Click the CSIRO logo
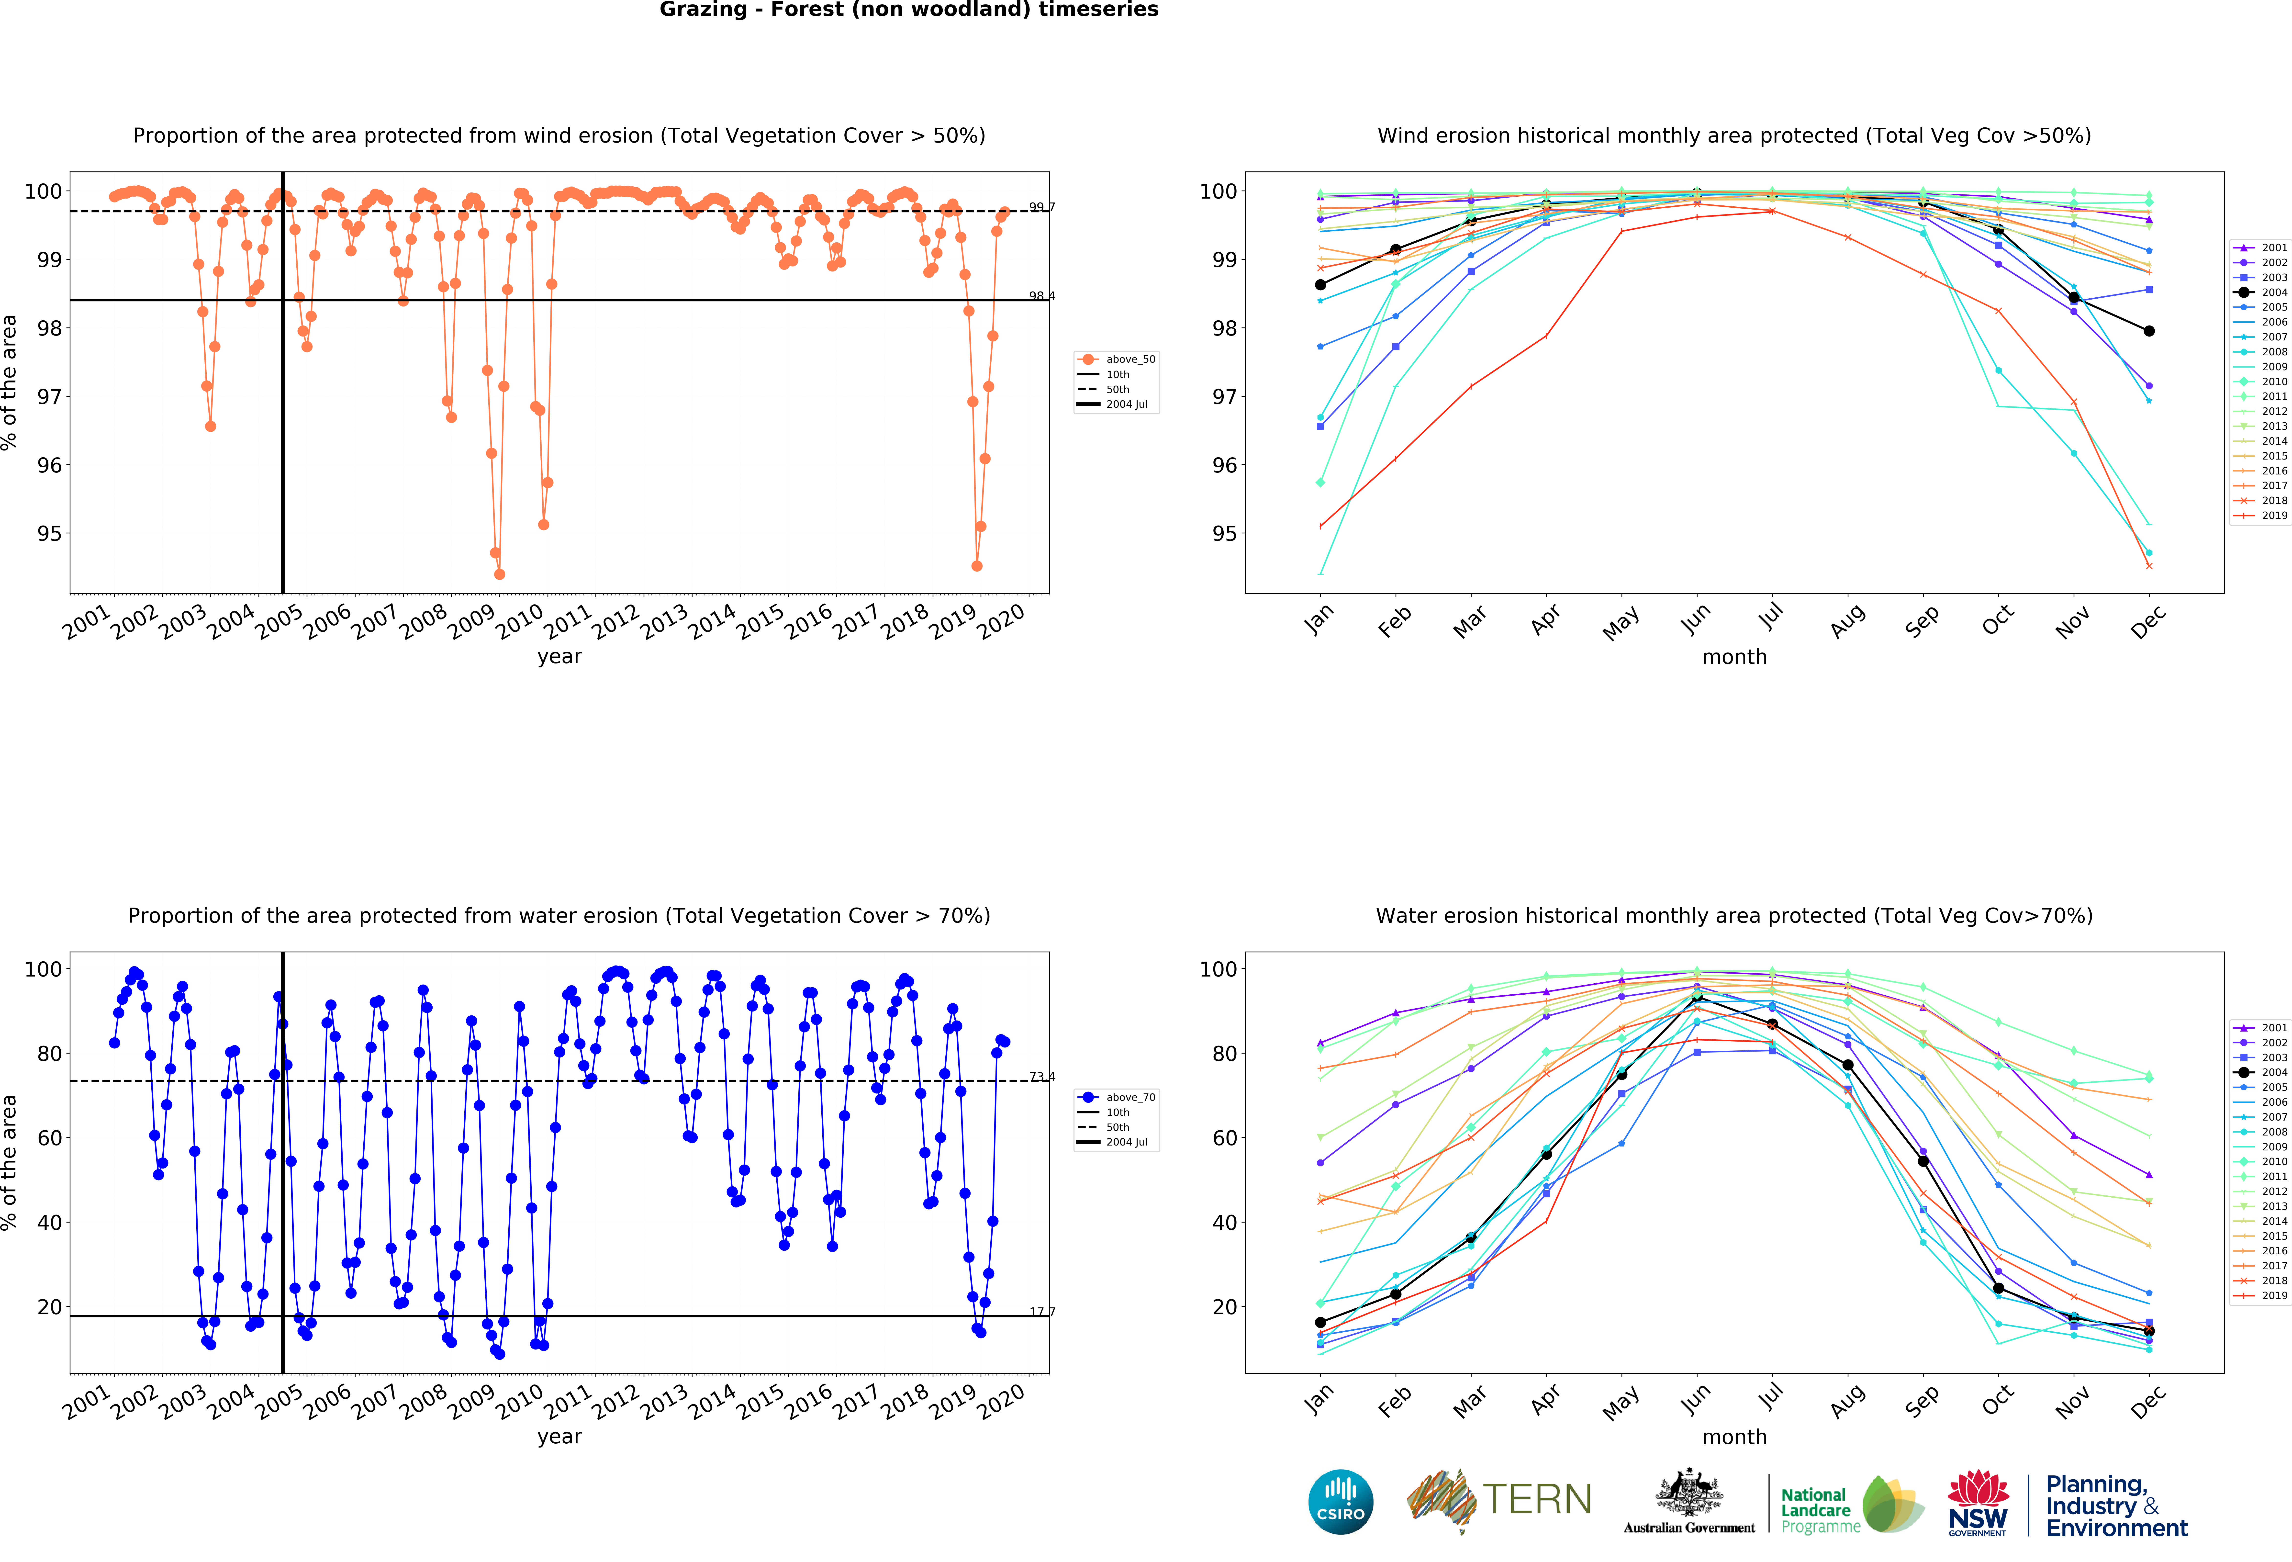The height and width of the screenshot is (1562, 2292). pyautogui.click(x=1340, y=1502)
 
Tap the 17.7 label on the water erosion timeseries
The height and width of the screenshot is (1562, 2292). pyautogui.click(x=1041, y=1312)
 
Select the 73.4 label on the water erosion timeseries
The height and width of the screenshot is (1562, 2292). pyautogui.click(x=1041, y=1077)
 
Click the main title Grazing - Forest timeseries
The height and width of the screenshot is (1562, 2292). pyautogui.click(x=908, y=10)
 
